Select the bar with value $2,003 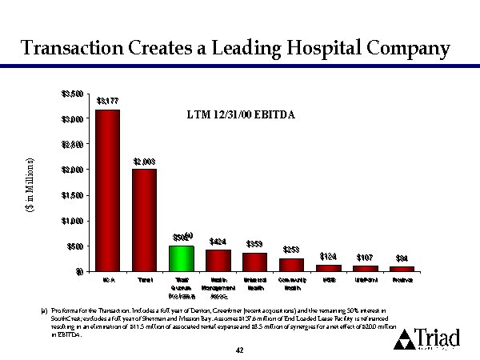pos(144,220)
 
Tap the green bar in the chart pos(182,258)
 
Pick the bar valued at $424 pos(218,260)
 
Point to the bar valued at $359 pos(255,262)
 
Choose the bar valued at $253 pos(292,264)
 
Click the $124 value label pos(329,256)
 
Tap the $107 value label pos(366,258)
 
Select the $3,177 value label pos(107,101)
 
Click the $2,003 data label pos(144,161)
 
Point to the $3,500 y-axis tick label pos(71,94)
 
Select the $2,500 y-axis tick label pos(71,145)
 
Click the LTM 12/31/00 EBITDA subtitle pos(240,115)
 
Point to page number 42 pos(240,350)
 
